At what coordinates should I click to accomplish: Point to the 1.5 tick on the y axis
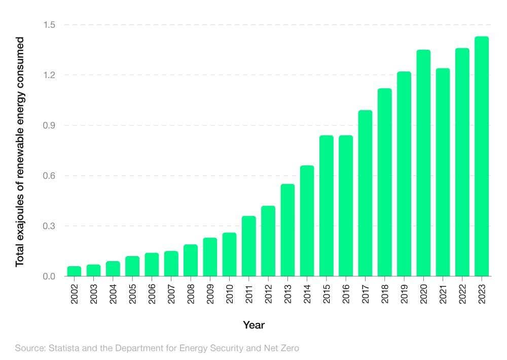(49, 25)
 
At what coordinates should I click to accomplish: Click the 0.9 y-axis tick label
(49, 125)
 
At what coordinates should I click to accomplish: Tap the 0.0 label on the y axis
(49, 276)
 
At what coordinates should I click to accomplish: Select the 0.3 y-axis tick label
(49, 226)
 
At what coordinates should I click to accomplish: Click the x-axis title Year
(253, 325)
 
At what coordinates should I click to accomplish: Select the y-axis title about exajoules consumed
(20, 151)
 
